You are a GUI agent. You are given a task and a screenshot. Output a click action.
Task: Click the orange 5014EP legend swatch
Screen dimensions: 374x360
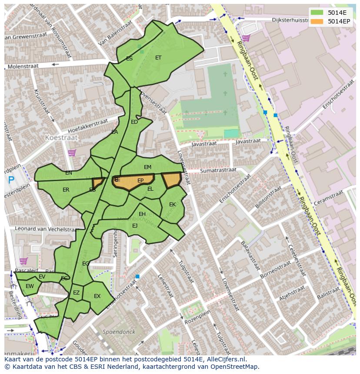(317, 21)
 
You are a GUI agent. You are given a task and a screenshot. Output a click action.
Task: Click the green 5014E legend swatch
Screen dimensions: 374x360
(317, 13)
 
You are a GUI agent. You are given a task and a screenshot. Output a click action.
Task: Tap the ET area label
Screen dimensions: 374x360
(158, 57)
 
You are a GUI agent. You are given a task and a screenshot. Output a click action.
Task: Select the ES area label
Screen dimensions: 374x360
(129, 58)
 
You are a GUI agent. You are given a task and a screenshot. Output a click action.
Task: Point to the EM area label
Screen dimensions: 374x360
(147, 167)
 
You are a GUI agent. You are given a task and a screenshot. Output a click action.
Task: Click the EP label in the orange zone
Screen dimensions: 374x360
(140, 180)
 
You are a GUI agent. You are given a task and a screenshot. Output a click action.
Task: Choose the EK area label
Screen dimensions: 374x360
(172, 204)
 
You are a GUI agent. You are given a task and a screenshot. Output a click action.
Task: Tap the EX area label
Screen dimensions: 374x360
(97, 296)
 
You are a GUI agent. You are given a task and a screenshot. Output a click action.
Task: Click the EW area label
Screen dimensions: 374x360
(30, 286)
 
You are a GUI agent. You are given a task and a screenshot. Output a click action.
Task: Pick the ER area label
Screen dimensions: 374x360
(66, 190)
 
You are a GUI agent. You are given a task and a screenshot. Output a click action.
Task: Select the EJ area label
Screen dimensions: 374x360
(135, 225)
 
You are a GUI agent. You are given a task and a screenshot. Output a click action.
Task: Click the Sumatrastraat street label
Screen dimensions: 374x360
(218, 171)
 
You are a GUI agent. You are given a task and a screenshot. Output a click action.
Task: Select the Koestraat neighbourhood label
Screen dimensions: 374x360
(61, 137)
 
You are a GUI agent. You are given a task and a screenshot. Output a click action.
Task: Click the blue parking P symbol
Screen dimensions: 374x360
(11, 179)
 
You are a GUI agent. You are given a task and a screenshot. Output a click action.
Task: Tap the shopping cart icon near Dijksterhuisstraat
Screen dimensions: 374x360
(246, 38)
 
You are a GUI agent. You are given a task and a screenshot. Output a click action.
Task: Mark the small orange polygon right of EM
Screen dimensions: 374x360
(171, 179)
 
